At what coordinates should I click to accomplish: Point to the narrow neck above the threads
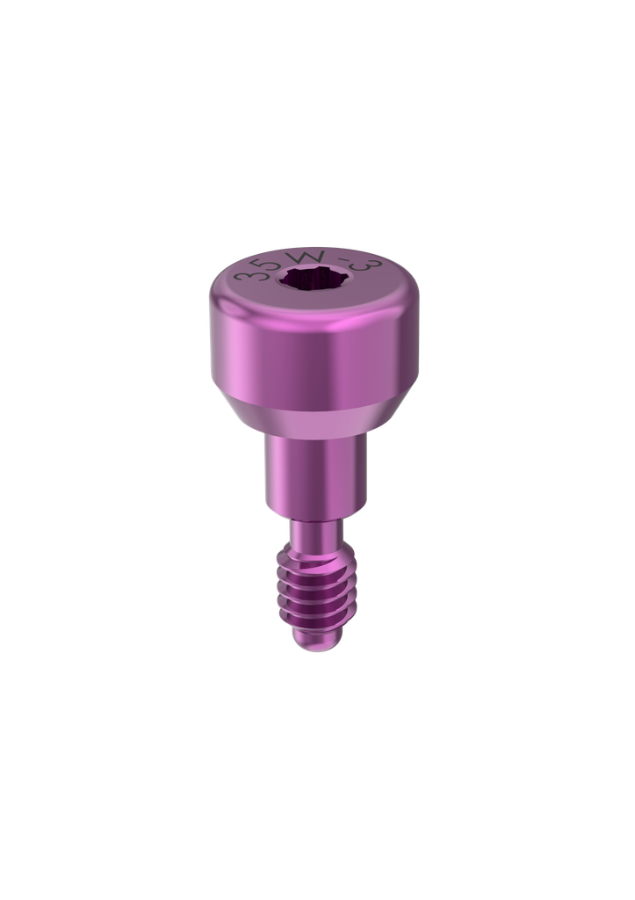point(314,533)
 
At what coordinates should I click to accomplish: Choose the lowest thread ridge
point(314,621)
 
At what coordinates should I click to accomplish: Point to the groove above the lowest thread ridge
point(314,612)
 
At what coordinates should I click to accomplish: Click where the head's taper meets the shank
point(314,439)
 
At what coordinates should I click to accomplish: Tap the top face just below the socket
point(314,308)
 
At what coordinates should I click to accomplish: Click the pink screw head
point(314,343)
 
